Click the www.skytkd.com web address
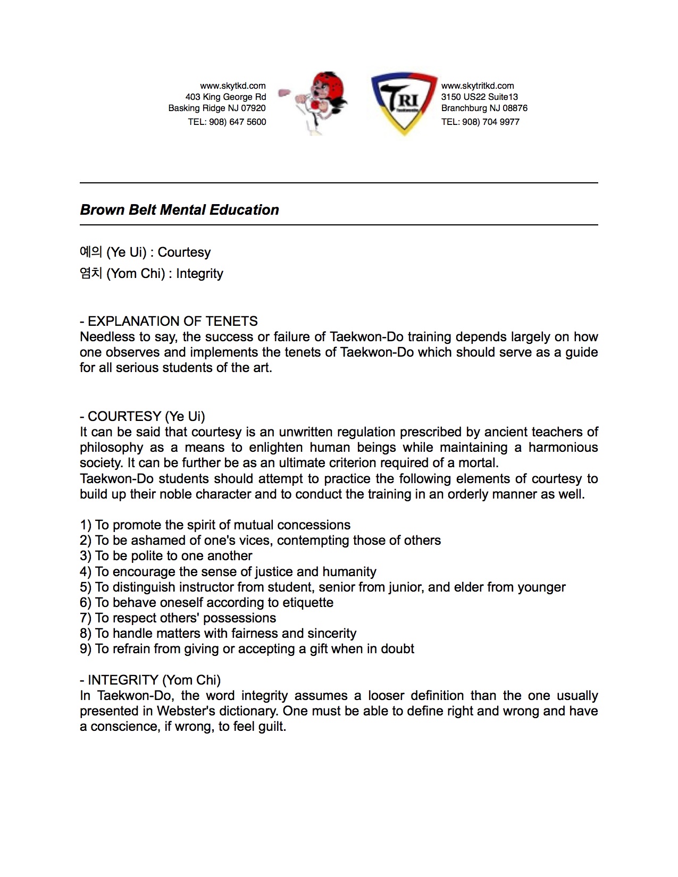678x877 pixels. (232, 86)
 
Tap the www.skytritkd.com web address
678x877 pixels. (478, 86)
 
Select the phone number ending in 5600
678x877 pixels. (227, 122)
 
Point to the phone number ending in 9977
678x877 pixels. (480, 122)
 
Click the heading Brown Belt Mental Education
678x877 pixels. (179, 210)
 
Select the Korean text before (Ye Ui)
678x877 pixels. (90, 252)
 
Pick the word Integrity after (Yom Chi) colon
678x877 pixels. (199, 274)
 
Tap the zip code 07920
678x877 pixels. (253, 108)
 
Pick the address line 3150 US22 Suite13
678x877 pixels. (479, 97)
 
